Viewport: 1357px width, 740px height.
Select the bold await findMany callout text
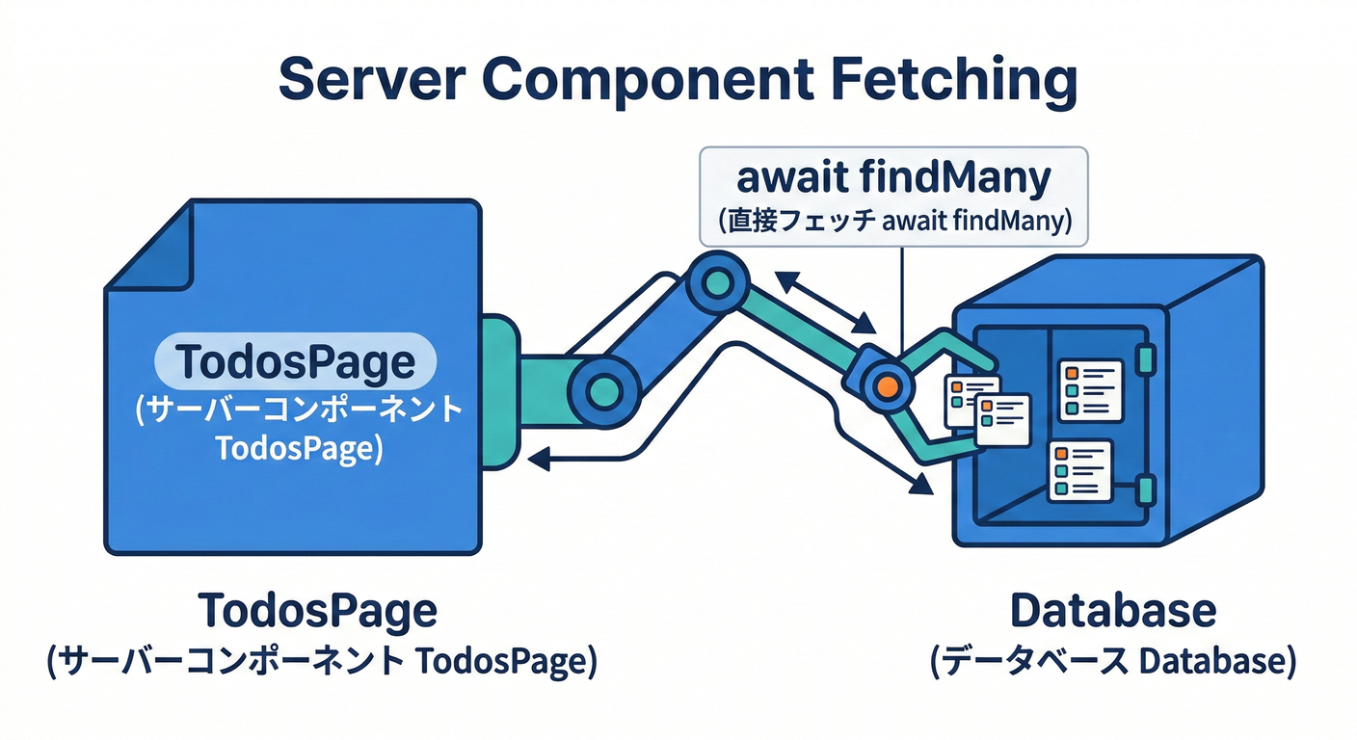[x=893, y=178]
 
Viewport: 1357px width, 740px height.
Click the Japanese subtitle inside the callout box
[x=893, y=222]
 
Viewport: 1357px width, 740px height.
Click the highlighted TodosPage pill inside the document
[x=296, y=362]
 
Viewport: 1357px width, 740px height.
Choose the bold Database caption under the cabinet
[x=1112, y=611]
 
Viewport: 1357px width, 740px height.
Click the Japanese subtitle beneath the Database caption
[x=1112, y=663]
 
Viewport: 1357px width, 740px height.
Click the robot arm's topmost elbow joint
[x=717, y=283]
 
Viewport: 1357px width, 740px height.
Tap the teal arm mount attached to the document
[x=501, y=390]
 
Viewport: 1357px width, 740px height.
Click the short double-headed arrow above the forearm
[x=825, y=300]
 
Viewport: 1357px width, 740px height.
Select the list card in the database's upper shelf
[x=1091, y=389]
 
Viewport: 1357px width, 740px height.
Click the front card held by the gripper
[x=1002, y=419]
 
